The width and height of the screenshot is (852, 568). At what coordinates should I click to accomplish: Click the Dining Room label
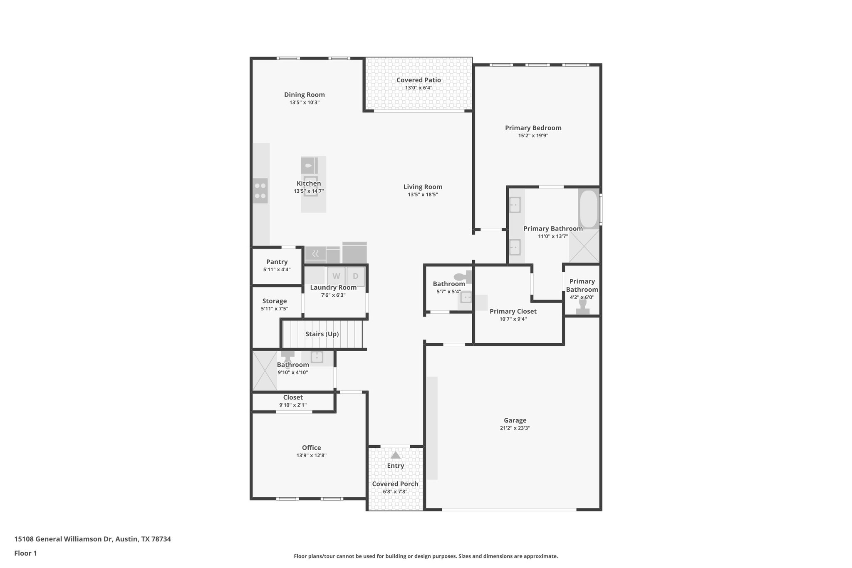click(304, 95)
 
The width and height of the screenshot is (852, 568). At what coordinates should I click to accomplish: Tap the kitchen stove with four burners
click(260, 191)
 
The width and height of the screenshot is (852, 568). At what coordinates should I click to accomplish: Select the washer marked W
click(336, 276)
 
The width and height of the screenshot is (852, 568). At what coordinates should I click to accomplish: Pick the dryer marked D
click(356, 276)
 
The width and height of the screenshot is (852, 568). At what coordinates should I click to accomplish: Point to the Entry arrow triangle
click(395, 455)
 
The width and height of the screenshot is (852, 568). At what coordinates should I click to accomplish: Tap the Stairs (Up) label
click(322, 334)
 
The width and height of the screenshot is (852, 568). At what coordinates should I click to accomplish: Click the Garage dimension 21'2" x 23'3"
click(515, 428)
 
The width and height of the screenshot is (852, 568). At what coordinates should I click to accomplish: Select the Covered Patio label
click(419, 80)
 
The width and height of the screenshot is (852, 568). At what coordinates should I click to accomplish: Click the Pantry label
click(277, 262)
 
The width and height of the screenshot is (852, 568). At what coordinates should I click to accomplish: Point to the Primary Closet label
click(513, 311)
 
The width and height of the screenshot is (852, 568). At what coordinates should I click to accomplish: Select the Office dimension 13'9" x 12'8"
click(311, 456)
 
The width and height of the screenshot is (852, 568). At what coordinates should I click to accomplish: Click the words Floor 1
click(25, 553)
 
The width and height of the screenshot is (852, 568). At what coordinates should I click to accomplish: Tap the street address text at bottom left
click(92, 539)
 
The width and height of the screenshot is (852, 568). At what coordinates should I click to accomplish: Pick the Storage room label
click(274, 301)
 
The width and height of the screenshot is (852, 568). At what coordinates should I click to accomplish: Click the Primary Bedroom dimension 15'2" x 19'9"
click(533, 136)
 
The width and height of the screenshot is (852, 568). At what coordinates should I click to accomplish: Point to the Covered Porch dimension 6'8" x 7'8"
click(395, 491)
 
